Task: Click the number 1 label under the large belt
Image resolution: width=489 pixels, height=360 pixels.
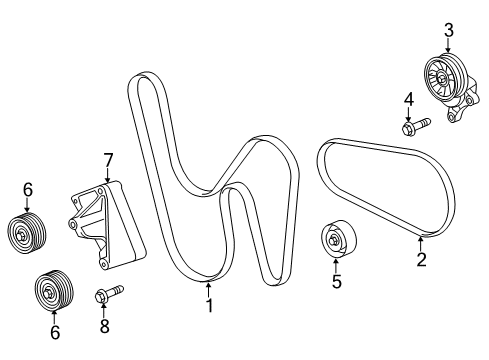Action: click(x=209, y=306)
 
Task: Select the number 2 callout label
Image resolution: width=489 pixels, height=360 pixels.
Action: click(x=421, y=260)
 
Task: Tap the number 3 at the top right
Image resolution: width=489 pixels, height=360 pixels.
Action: click(x=449, y=30)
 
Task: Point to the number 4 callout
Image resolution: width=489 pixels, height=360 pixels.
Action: click(x=409, y=98)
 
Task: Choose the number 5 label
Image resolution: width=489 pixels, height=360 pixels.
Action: click(x=336, y=282)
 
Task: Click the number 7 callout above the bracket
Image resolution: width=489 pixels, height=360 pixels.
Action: click(x=107, y=159)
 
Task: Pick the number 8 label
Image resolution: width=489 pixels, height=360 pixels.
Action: click(x=105, y=325)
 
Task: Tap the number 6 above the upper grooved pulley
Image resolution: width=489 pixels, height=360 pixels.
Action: click(x=28, y=189)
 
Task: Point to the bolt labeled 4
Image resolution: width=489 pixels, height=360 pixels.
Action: click(x=413, y=126)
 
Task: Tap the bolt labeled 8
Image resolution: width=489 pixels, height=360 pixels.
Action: click(x=107, y=294)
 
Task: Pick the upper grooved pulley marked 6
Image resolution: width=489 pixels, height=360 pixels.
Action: click(x=27, y=232)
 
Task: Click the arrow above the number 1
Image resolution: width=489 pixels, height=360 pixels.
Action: click(x=209, y=290)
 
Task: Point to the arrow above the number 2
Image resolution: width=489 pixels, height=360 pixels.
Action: click(x=421, y=243)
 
